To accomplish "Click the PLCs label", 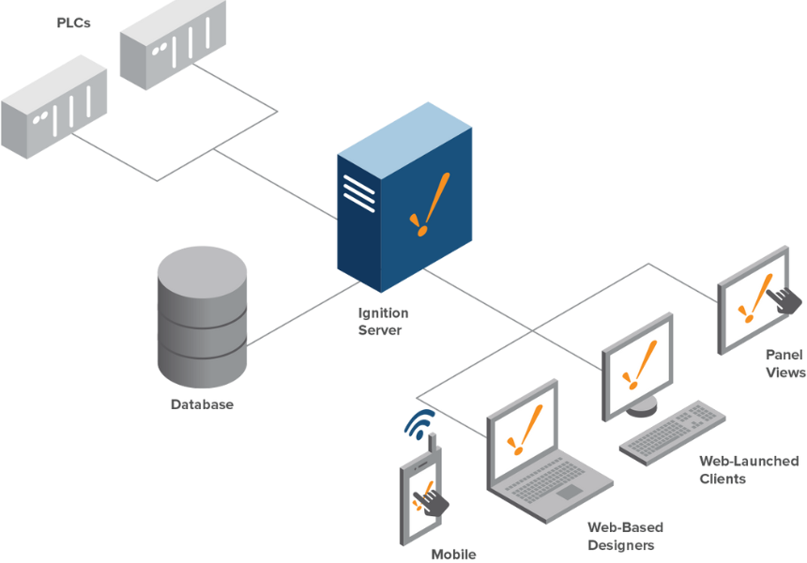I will (73, 23).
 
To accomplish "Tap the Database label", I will (202, 404).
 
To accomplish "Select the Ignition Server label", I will (383, 321).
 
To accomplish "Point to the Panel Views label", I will (784, 363).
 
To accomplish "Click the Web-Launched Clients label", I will (748, 469).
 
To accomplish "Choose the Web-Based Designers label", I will (625, 536).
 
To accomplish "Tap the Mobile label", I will (453, 554).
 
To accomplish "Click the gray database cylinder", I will (202, 314).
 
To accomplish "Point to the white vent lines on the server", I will (358, 191).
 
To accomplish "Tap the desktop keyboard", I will (674, 431).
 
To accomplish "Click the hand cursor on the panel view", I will (784, 298).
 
